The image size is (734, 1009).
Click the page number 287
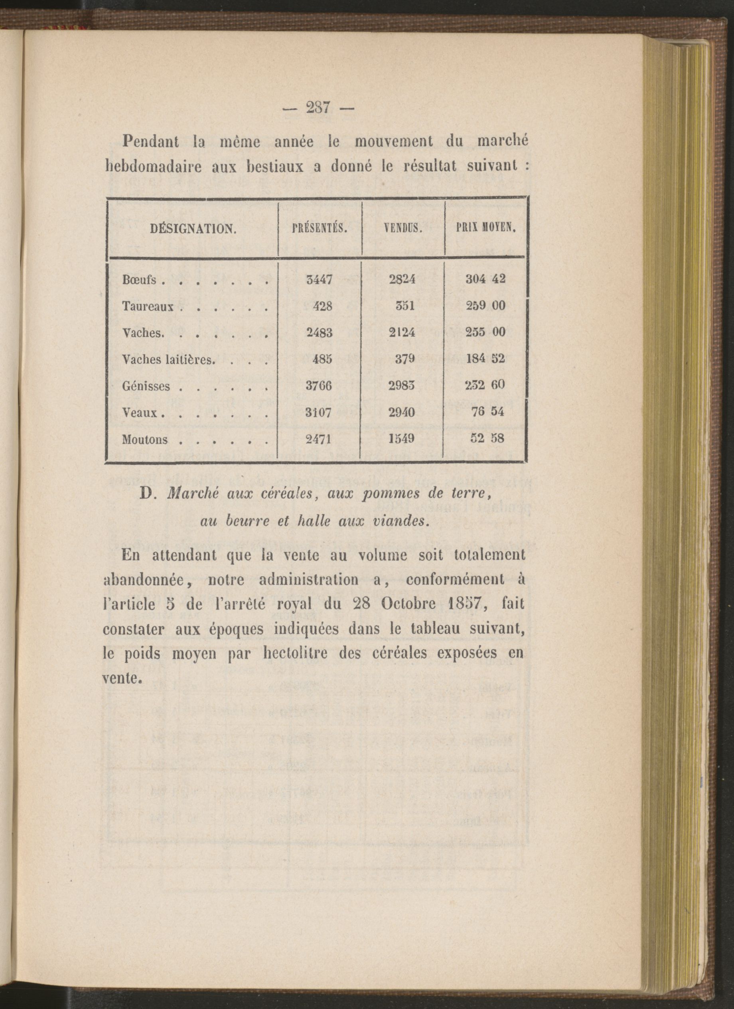(x=317, y=108)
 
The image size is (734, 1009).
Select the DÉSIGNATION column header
(x=193, y=230)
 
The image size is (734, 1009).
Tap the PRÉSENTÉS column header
(x=320, y=230)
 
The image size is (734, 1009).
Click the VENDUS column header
(x=403, y=230)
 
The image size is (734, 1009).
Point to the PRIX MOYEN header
(x=485, y=230)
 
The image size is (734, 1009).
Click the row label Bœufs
(x=139, y=280)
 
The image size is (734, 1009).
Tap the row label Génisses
(x=146, y=386)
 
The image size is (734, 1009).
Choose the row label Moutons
(x=145, y=440)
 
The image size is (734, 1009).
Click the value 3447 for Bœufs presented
(x=319, y=280)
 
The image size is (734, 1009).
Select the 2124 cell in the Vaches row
(x=403, y=332)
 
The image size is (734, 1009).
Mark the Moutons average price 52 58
(x=487, y=439)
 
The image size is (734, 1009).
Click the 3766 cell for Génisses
(x=319, y=386)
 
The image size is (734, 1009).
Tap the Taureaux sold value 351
(x=405, y=306)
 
